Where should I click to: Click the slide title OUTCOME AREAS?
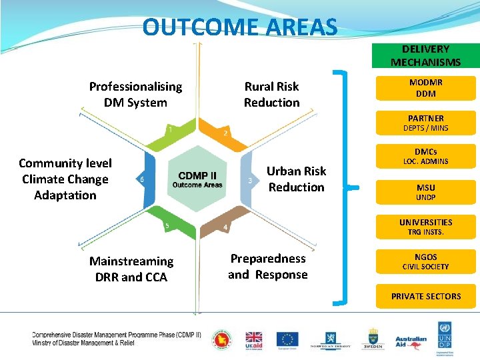click(x=240, y=28)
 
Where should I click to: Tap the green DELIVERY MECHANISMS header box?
click(x=425, y=56)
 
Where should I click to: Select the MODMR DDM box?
click(x=425, y=88)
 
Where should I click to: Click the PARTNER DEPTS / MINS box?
click(x=425, y=123)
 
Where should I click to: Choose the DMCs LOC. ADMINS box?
click(x=425, y=157)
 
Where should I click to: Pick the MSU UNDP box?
click(x=425, y=193)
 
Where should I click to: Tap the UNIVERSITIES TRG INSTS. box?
click(x=425, y=227)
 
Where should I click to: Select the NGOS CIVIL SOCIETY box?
click(x=425, y=261)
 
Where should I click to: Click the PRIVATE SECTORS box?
click(x=425, y=296)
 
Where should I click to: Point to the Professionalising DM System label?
click(x=135, y=95)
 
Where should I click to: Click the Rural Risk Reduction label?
click(x=271, y=95)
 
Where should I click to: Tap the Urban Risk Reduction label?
click(x=296, y=179)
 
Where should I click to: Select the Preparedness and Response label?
click(x=268, y=267)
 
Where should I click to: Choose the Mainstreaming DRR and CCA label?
click(x=131, y=269)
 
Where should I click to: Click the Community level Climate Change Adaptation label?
click(x=65, y=179)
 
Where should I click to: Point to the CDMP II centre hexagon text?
click(x=197, y=179)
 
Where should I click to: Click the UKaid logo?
click(x=254, y=340)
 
